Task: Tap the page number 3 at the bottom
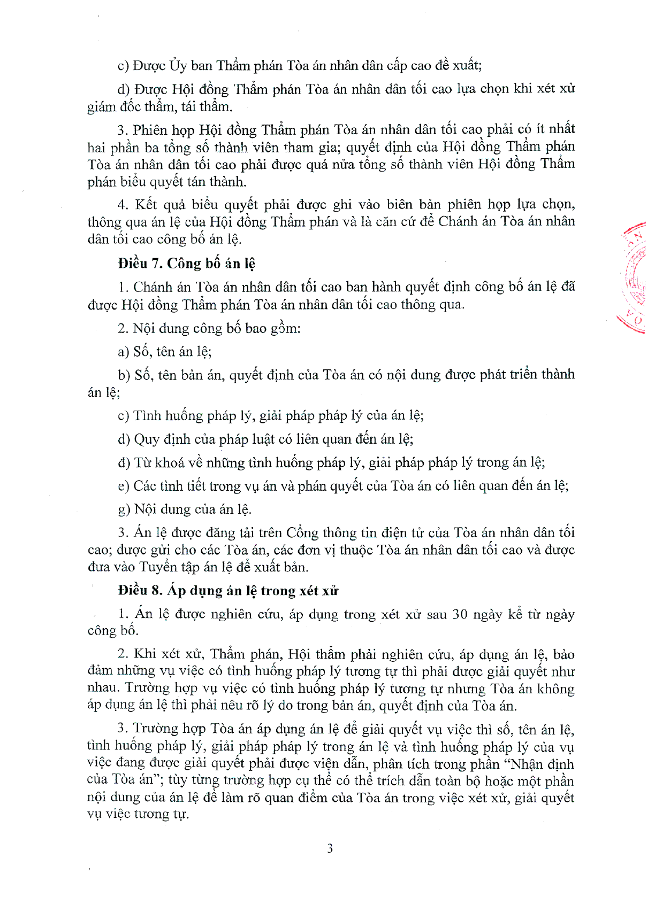coord(330,848)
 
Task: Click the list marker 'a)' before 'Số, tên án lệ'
coord(123,352)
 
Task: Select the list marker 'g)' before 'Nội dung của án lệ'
coord(124,509)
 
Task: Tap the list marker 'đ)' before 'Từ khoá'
coord(124,462)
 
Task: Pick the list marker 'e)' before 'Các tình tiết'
coord(123,486)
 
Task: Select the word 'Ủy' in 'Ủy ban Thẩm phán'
coord(178,65)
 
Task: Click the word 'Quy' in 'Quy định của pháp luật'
coord(145,439)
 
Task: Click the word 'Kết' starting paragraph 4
coord(146,205)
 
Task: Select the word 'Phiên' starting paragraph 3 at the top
coord(150,130)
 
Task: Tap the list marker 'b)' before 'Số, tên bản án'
coord(124,375)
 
